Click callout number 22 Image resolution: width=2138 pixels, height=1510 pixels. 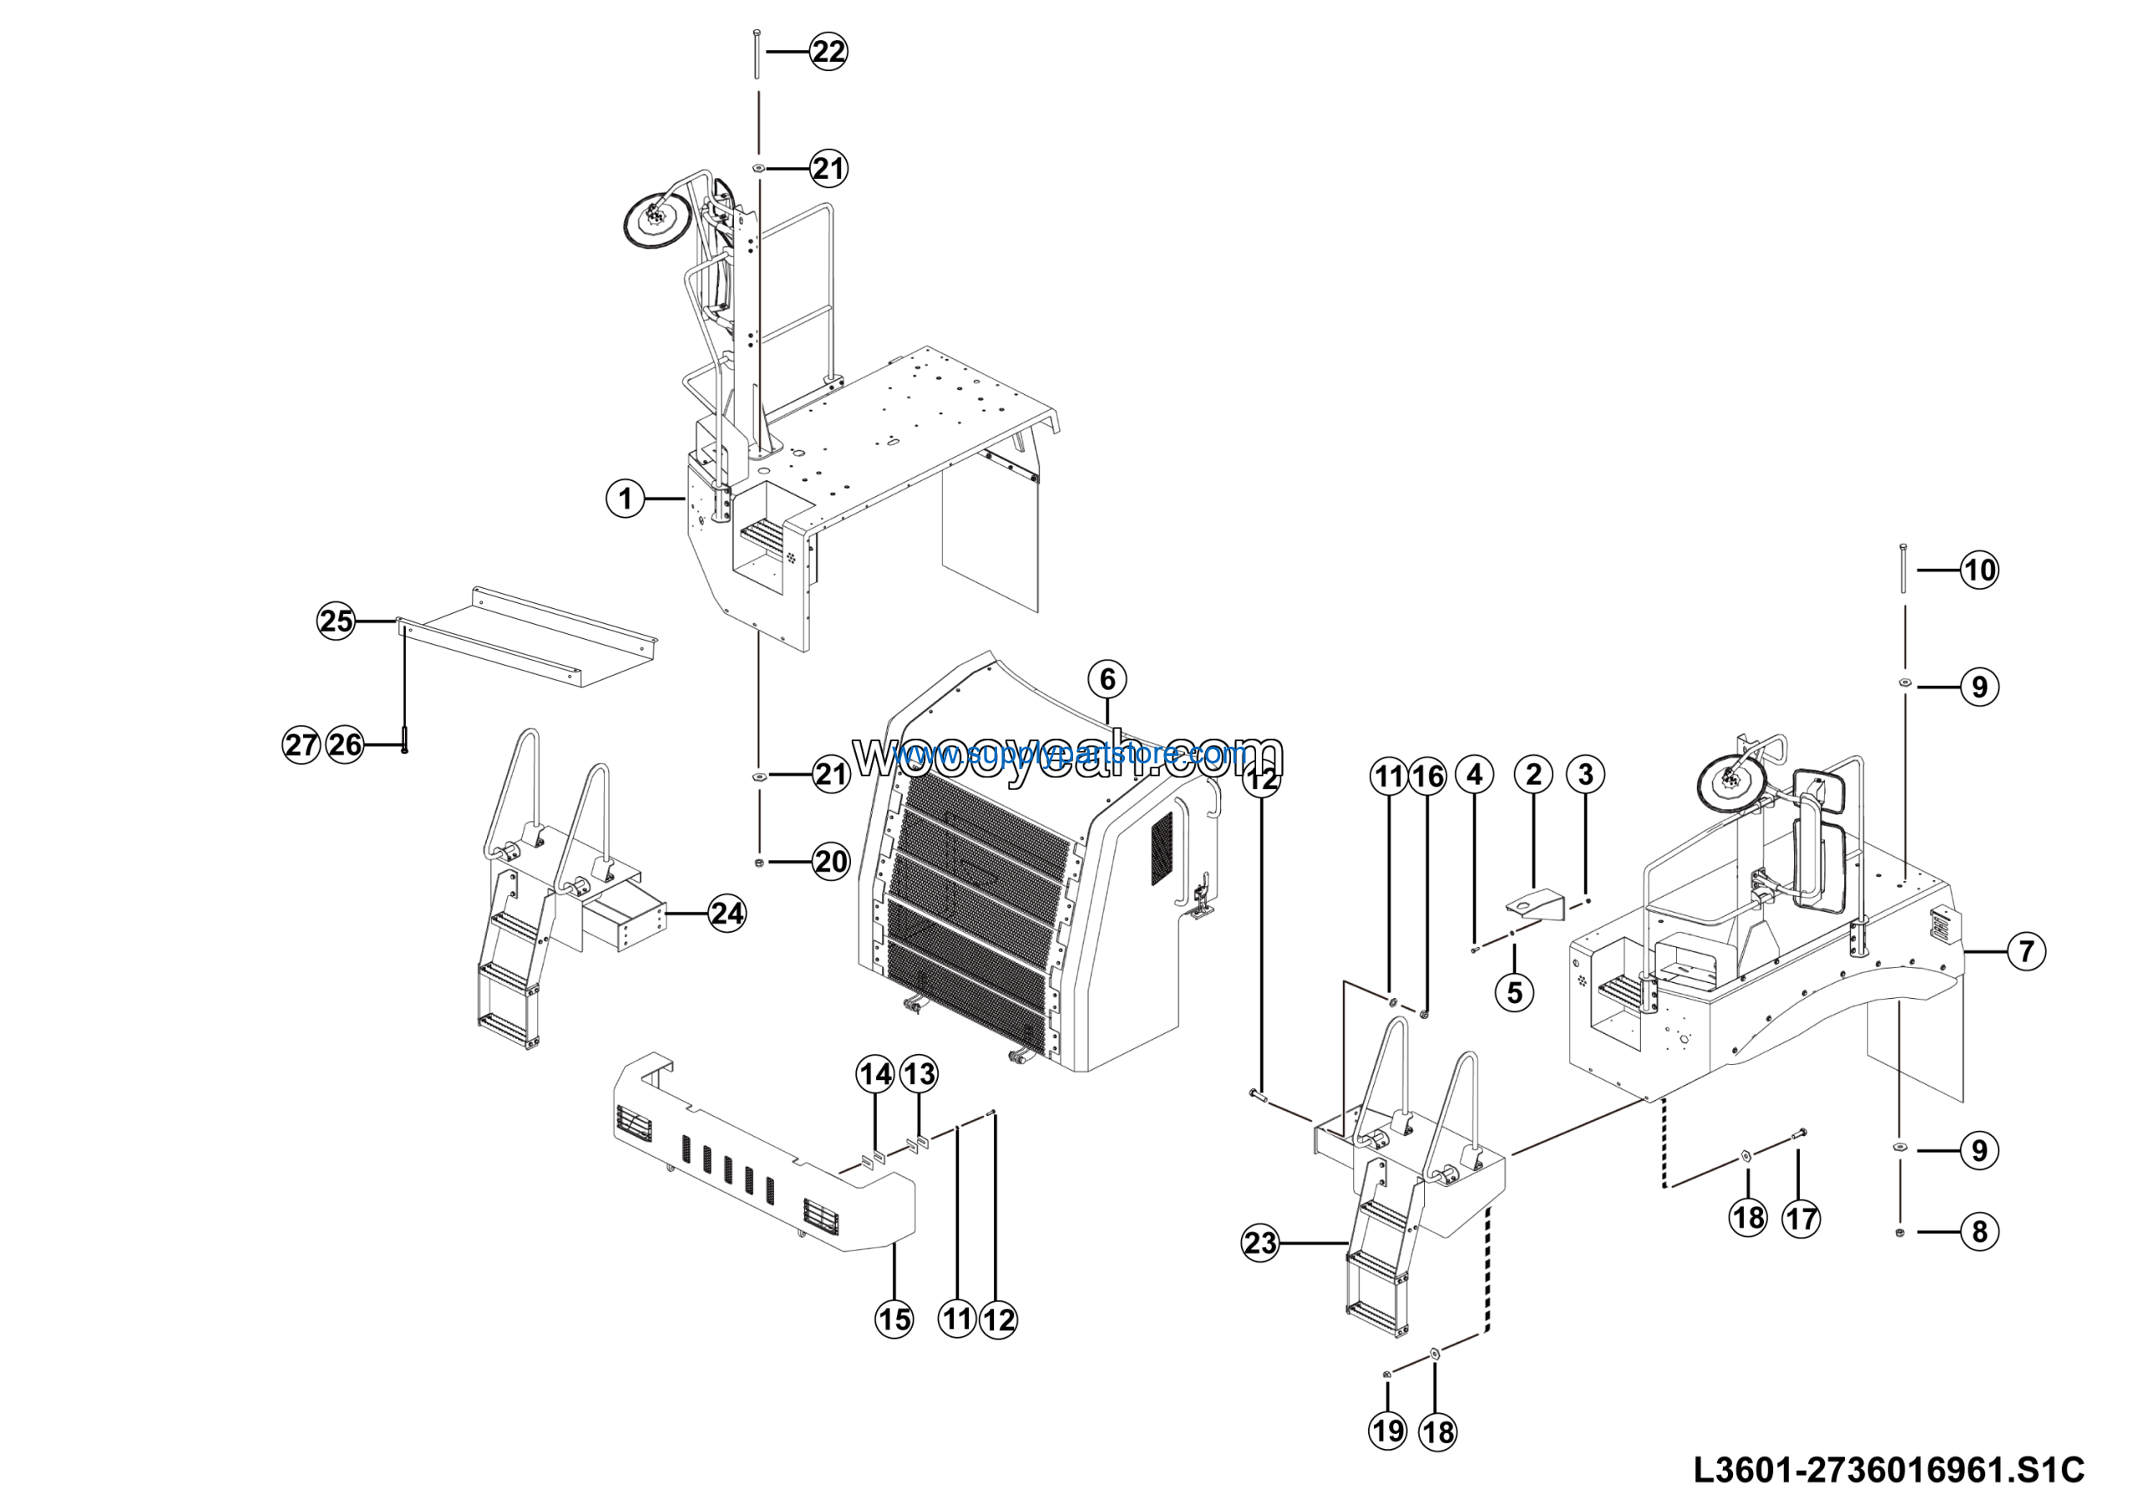click(x=828, y=51)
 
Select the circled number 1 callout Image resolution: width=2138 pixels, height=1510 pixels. click(x=625, y=499)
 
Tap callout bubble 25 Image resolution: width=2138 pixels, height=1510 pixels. click(x=337, y=621)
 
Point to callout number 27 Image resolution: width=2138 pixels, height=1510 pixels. click(x=301, y=745)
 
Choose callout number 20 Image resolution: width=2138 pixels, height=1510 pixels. click(x=831, y=861)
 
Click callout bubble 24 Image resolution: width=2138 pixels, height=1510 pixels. click(x=727, y=913)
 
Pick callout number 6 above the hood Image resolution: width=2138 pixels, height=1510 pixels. click(x=1107, y=679)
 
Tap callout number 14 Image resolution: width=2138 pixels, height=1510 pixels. click(x=875, y=1074)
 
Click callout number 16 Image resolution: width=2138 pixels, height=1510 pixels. click(x=1427, y=777)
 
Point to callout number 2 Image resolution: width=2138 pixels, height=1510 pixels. click(x=1533, y=773)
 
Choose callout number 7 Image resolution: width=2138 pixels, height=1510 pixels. click(x=2026, y=951)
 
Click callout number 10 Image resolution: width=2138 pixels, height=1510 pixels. click(x=1979, y=570)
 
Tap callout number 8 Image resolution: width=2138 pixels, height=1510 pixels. click(x=1979, y=1232)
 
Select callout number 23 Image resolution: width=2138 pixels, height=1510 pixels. click(x=1260, y=1243)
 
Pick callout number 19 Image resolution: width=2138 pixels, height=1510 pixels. click(x=1387, y=1430)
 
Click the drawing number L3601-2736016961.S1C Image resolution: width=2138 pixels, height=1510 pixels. click(x=1888, y=1470)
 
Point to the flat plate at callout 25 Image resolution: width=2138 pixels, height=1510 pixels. click(x=531, y=638)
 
